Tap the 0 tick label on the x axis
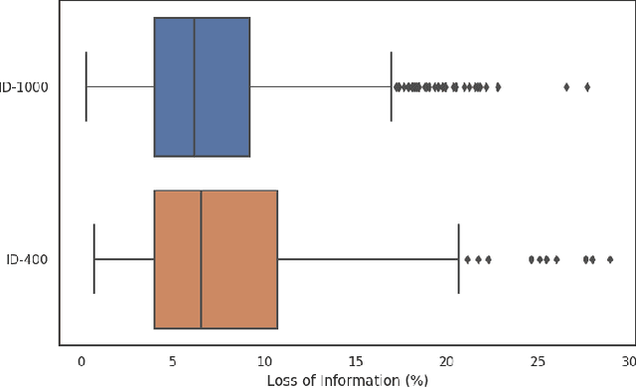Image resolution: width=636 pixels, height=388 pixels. click(x=81, y=363)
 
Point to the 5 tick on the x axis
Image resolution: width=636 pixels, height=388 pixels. click(x=173, y=363)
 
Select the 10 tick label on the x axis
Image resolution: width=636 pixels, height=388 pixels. click(x=264, y=363)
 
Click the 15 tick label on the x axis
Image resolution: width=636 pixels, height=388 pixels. click(x=356, y=363)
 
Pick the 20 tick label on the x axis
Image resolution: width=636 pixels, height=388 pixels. click(x=447, y=363)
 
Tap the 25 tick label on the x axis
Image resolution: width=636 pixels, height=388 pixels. click(x=539, y=363)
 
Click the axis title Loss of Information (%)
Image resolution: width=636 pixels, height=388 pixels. click(x=347, y=379)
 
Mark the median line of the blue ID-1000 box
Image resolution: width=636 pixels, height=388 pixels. click(x=195, y=87)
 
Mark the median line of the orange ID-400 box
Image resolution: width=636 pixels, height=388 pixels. click(x=202, y=260)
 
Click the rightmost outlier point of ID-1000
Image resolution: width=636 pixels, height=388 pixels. click(x=587, y=87)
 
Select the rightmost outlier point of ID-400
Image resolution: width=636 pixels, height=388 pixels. click(x=610, y=260)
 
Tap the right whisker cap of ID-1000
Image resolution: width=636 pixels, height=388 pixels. click(x=392, y=87)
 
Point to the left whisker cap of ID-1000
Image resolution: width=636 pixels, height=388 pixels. click(x=86, y=87)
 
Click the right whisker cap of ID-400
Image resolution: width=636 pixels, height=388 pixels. click(x=458, y=260)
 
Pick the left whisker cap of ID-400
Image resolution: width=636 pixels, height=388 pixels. click(x=93, y=260)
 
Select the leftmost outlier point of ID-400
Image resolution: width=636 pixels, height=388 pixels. click(x=467, y=260)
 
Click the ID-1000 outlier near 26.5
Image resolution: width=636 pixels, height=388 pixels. click(x=566, y=87)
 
